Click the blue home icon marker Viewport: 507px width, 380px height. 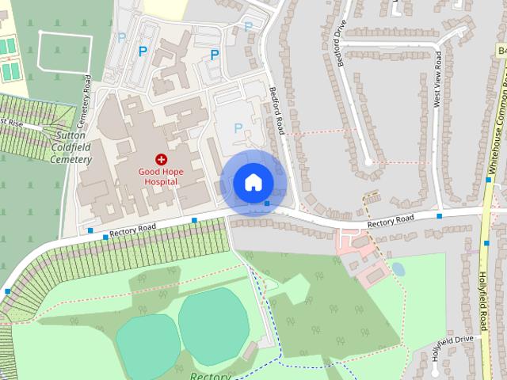[x=253, y=183]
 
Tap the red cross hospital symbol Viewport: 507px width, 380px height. [x=161, y=159]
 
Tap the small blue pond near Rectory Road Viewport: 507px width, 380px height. [x=398, y=269]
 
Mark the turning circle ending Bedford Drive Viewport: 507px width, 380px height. [x=368, y=162]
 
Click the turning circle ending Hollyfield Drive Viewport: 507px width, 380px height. [x=435, y=370]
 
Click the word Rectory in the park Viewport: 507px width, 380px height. [x=210, y=376]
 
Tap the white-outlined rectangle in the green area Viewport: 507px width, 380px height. [x=57, y=51]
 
